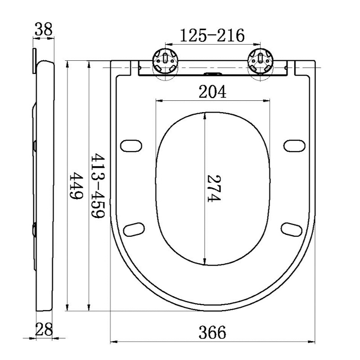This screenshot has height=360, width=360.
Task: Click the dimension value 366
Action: point(212,333)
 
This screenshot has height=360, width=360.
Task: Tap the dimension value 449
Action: point(76,187)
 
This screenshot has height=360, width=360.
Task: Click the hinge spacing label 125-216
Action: point(212,35)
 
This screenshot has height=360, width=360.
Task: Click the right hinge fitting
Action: point(261,60)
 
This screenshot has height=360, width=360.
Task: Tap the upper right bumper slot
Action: point(294,146)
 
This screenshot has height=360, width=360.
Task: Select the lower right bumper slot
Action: point(292,228)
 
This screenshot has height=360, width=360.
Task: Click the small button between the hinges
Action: point(213,74)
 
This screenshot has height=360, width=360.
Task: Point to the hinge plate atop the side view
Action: point(34,61)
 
